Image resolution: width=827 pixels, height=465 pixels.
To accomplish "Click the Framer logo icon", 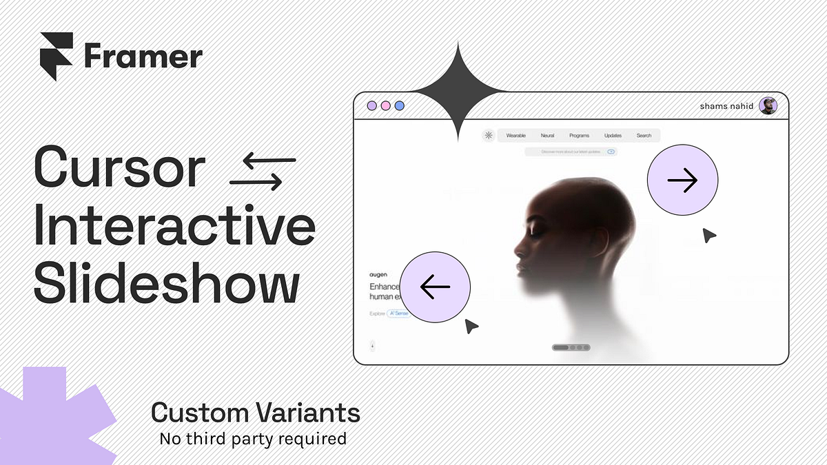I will pyautogui.click(x=57, y=56).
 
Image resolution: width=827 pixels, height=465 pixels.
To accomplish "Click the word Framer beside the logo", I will pyautogui.click(x=143, y=56).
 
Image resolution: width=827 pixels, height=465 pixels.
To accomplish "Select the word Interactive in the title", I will pyautogui.click(x=174, y=227).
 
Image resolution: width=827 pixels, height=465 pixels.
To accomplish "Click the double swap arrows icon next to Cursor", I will pyautogui.click(x=262, y=172).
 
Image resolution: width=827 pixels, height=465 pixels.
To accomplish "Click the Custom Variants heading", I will pyautogui.click(x=255, y=413).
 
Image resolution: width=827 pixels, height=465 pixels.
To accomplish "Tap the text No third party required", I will pyautogui.click(x=252, y=438).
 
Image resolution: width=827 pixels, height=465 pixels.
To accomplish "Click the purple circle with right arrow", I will pyautogui.click(x=682, y=180).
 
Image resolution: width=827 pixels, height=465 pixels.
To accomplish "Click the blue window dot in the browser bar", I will pyautogui.click(x=399, y=106).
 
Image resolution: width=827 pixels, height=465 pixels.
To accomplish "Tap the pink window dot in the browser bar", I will pyautogui.click(x=385, y=106).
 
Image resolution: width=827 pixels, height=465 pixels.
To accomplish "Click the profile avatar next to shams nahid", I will pyautogui.click(x=768, y=106).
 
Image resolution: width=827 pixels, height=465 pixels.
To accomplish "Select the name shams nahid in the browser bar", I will pyautogui.click(x=726, y=106).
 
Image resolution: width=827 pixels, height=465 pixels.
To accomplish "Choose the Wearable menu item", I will pyautogui.click(x=515, y=136).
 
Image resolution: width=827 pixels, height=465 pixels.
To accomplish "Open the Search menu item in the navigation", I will pyautogui.click(x=644, y=136).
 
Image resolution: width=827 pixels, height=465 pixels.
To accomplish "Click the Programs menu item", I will pyautogui.click(x=579, y=136).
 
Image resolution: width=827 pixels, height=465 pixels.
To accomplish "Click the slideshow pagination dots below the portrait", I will pyautogui.click(x=571, y=347).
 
